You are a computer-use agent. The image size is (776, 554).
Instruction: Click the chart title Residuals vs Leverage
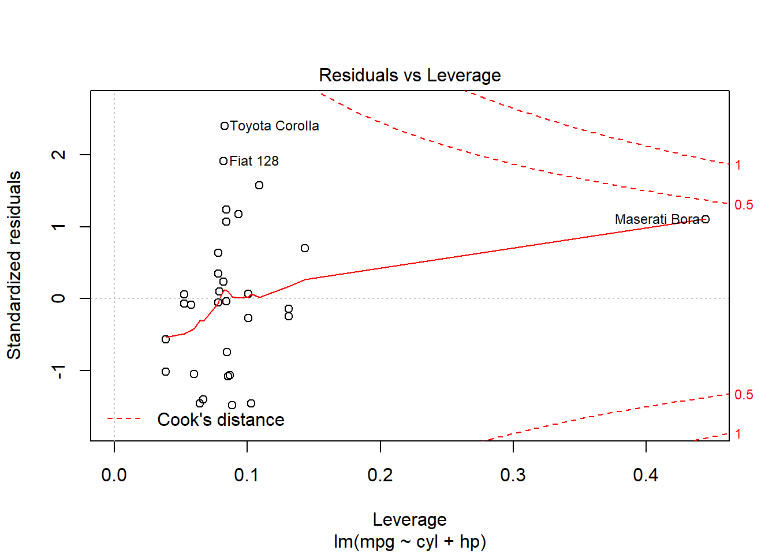click(409, 75)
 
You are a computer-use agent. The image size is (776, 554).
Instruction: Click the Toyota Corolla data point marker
click(225, 126)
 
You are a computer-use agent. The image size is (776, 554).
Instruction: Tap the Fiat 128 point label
click(254, 161)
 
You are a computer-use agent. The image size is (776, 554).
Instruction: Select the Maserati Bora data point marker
click(705, 219)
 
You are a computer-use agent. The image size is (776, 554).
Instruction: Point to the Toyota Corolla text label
click(274, 126)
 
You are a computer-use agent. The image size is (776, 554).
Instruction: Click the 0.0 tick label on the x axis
click(114, 475)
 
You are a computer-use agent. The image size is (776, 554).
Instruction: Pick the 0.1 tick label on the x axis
click(247, 475)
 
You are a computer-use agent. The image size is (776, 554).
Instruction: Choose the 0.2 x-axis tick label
click(380, 475)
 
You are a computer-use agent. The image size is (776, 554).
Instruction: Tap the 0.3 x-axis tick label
click(513, 475)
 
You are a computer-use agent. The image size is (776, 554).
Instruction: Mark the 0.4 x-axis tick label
click(646, 475)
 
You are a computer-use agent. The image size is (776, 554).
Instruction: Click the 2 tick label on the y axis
click(59, 155)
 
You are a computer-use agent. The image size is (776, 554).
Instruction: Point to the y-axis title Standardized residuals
click(14, 265)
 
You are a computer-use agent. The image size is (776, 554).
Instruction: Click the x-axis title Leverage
click(409, 519)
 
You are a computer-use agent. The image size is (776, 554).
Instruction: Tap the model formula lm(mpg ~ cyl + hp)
click(409, 541)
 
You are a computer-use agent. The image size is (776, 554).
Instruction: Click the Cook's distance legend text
click(221, 420)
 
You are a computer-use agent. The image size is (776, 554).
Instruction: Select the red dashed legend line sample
click(124, 418)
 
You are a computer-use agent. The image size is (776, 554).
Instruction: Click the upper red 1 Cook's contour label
click(738, 165)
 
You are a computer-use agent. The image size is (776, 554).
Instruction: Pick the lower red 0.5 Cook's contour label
click(744, 395)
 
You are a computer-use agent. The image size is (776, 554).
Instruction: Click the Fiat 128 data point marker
click(223, 161)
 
